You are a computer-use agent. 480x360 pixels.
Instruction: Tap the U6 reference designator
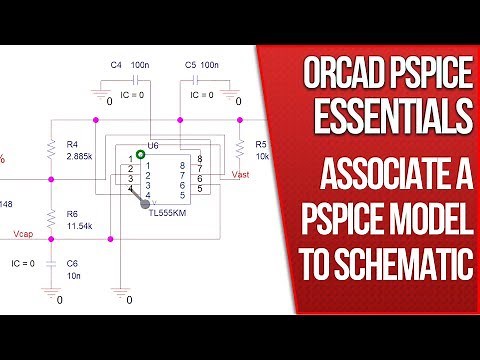(x=152, y=147)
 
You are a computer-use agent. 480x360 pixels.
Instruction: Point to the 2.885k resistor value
(x=78, y=157)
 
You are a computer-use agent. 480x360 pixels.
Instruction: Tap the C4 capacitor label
(x=116, y=65)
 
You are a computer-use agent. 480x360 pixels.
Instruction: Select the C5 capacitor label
(x=191, y=65)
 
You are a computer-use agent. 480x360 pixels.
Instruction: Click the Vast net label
(x=240, y=173)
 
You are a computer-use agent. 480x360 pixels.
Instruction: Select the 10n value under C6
(x=73, y=275)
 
